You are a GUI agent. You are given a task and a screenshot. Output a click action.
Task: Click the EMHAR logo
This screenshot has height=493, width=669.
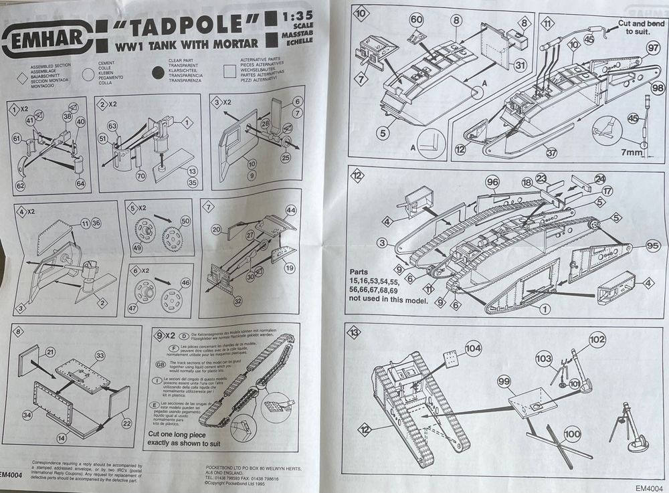click(44, 41)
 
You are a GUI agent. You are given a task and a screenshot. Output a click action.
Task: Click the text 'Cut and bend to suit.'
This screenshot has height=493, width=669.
click(641, 27)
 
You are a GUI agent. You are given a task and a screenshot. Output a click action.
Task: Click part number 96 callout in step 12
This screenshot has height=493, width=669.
click(494, 181)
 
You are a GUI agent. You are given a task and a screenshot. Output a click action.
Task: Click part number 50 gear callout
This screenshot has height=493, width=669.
click(185, 221)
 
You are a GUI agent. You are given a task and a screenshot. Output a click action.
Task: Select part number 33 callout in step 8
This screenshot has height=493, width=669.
click(100, 355)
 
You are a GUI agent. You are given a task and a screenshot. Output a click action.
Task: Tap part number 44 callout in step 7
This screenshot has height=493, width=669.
click(290, 211)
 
